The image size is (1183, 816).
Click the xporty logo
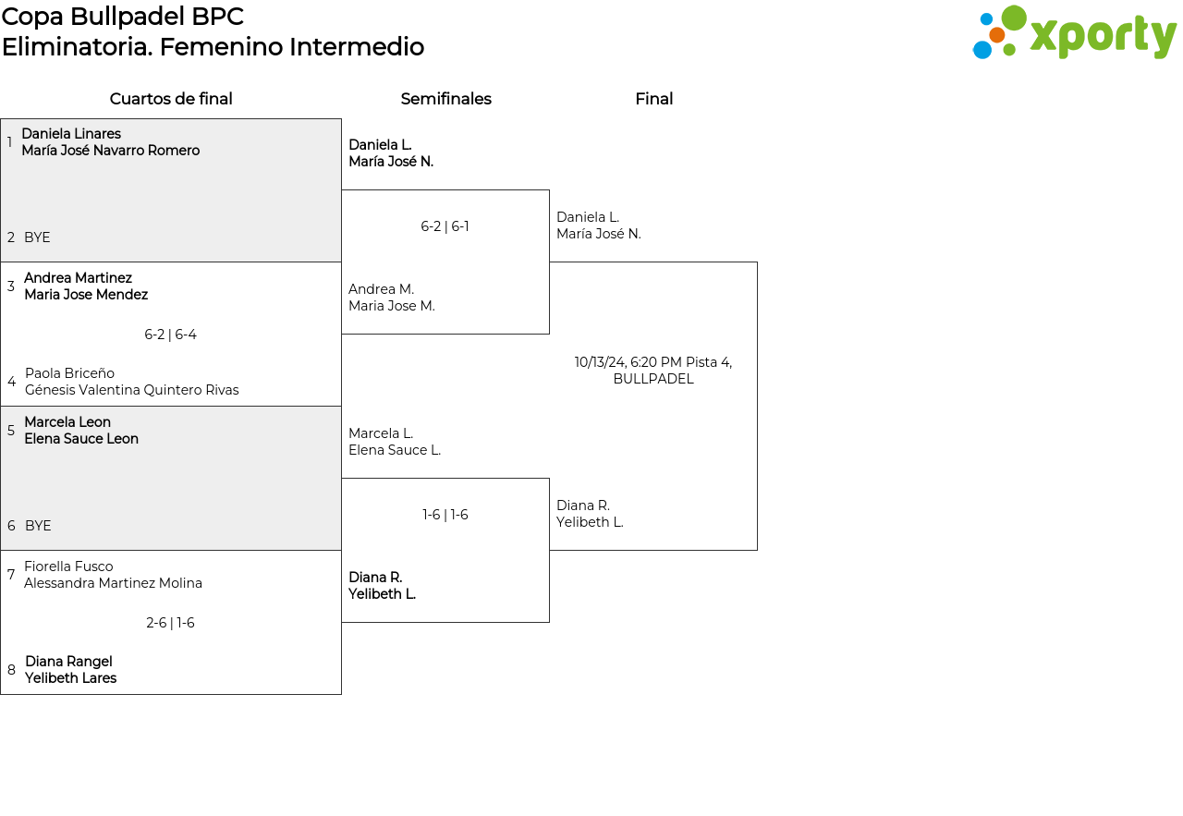coord(1074,32)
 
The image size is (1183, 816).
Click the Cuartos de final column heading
coord(171,99)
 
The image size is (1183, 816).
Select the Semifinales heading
coord(445,99)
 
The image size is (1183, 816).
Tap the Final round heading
coord(653,99)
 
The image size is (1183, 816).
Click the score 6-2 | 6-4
coord(170,335)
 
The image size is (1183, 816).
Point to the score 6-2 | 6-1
coord(445,226)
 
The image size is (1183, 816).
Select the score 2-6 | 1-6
coord(170,623)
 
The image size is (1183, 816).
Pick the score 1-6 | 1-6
coord(445,515)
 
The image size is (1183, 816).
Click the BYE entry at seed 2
coord(37,237)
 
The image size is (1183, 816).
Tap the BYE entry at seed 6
coord(38,526)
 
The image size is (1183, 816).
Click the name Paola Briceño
coord(69,372)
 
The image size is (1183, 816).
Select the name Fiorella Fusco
coord(68,566)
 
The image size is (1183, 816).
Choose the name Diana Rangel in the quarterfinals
coord(68,662)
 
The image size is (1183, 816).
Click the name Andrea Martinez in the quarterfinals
coord(79,278)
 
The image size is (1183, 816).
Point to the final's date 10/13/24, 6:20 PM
coord(628,362)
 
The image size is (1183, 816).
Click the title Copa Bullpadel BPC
coord(123,17)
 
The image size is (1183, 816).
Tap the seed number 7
coord(11,574)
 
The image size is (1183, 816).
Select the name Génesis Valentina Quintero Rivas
coord(132,390)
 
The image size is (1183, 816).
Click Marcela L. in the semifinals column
coord(381,433)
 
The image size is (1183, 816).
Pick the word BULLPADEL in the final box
coord(653,379)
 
